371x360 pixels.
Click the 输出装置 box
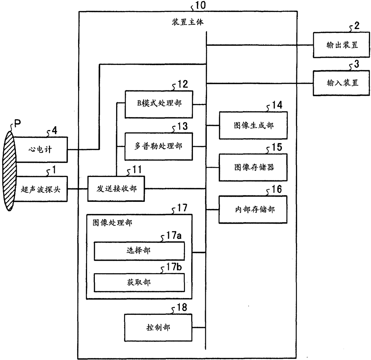coord(341,45)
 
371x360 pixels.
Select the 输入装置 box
coord(341,83)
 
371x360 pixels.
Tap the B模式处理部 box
coord(159,104)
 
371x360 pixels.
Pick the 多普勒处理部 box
coord(159,147)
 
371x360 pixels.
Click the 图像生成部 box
coord(253,125)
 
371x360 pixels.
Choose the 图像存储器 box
coord(253,167)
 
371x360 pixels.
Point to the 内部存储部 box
coord(253,209)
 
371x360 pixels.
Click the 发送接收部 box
coord(116,189)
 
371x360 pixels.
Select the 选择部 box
coord(139,251)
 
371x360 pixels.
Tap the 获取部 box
coord(139,283)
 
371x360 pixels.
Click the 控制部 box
coord(158,328)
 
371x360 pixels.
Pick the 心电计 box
coord(40,150)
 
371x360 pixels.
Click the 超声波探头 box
coord(40,189)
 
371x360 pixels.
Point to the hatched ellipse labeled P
coord(9,171)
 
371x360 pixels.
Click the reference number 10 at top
coord(200,5)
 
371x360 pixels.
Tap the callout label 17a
coord(174,236)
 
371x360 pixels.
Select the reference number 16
coord(276,189)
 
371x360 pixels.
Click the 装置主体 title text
coord(188,22)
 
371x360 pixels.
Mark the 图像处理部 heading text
coord(112,222)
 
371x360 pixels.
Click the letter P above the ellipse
coord(17,123)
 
